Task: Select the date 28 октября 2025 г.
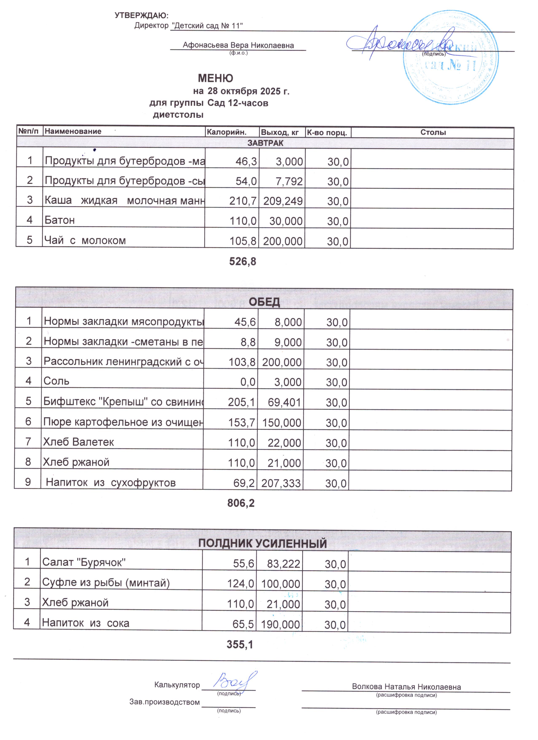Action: (248, 91)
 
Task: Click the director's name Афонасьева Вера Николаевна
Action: (238, 45)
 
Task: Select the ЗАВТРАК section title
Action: (265, 143)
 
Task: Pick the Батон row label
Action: (60, 220)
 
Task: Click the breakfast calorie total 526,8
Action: (243, 261)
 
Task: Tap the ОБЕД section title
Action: (264, 302)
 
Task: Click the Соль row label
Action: (56, 381)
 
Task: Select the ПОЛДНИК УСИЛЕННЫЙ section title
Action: (263, 544)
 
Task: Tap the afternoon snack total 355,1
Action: (240, 644)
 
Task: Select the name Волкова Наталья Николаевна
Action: (406, 687)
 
